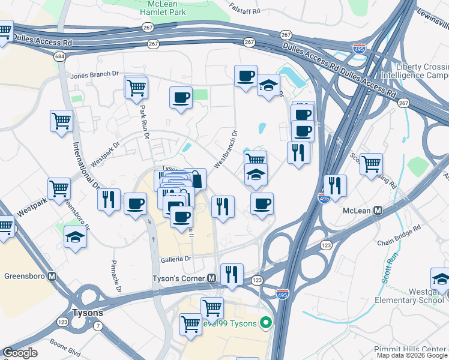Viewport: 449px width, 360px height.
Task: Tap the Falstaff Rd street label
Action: pyautogui.click(x=246, y=8)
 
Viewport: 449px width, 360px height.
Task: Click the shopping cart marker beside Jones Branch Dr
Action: pyautogui.click(x=136, y=87)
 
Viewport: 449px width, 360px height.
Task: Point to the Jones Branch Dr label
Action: pyautogui.click(x=94, y=75)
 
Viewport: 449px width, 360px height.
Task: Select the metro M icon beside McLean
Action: pyautogui.click(x=378, y=211)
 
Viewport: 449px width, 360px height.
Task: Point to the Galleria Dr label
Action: pyautogui.click(x=175, y=259)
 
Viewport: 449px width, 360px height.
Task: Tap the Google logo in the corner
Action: pyautogui.click(x=19, y=353)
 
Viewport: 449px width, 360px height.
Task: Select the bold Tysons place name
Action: pyautogui.click(x=88, y=313)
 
